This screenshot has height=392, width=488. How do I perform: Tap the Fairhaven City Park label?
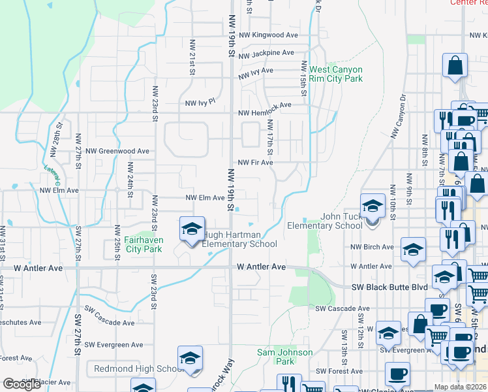click(x=144, y=244)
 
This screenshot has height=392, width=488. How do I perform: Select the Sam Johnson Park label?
click(x=284, y=357)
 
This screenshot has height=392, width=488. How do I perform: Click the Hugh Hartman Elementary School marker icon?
click(x=192, y=230)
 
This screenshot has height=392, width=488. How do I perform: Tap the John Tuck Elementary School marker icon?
click(x=373, y=206)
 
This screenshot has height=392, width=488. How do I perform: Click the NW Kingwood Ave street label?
click(x=268, y=35)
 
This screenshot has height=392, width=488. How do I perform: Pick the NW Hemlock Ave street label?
click(x=264, y=112)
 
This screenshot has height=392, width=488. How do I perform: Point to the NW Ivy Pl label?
click(x=200, y=103)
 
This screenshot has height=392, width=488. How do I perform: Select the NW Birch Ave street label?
click(x=372, y=247)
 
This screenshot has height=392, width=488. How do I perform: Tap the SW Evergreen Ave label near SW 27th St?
click(x=114, y=345)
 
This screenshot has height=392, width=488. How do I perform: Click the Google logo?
click(x=21, y=384)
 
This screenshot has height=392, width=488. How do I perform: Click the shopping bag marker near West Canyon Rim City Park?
click(x=455, y=67)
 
